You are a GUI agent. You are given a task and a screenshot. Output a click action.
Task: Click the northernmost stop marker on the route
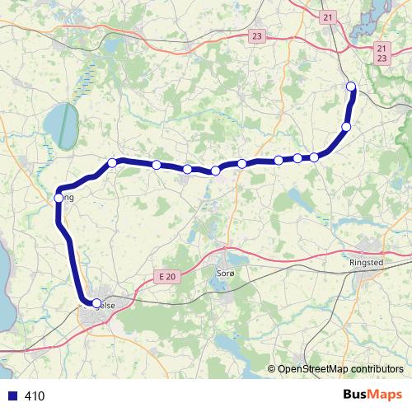351,87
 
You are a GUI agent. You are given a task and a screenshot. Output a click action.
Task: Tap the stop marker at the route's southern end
96,304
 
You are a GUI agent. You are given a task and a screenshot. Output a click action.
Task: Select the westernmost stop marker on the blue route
59,198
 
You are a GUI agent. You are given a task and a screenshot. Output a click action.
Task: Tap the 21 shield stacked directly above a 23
380,49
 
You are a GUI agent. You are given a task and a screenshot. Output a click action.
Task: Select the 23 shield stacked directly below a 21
380,59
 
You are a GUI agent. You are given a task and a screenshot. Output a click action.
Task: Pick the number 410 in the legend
35,396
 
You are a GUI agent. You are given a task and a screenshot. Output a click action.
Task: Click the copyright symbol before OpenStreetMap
272,369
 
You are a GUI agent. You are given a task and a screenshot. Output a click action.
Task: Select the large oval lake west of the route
59,124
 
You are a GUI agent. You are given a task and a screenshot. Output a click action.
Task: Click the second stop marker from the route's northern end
346,126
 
